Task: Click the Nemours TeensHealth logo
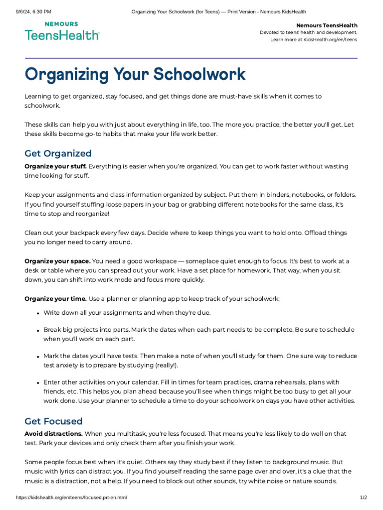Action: [x=62, y=31]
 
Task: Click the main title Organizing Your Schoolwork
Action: [x=135, y=74]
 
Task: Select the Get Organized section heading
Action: [x=58, y=153]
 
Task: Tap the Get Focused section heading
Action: [x=53, y=421]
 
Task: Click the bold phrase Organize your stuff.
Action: [x=56, y=166]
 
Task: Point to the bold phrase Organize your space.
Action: [x=57, y=261]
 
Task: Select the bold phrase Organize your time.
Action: [x=56, y=299]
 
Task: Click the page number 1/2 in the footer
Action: [x=363, y=498]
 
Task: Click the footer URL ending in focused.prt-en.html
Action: [x=72, y=498]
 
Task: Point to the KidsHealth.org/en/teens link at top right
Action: [x=329, y=40]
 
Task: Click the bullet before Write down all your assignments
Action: [x=38, y=313]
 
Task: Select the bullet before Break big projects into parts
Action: [x=38, y=330]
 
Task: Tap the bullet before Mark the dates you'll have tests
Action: [x=38, y=357]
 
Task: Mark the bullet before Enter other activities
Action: [x=38, y=383]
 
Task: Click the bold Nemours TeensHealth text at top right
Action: [x=327, y=25]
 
